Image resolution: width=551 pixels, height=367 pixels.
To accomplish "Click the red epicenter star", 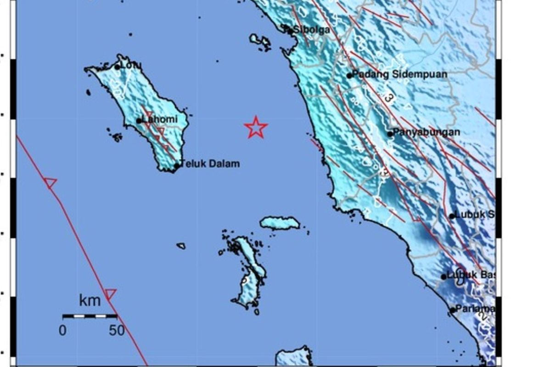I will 256,128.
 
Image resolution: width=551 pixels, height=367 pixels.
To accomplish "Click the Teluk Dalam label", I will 210,164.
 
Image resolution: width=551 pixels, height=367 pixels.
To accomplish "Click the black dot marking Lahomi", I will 139,121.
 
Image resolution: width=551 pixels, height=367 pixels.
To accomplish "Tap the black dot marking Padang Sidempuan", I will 349,76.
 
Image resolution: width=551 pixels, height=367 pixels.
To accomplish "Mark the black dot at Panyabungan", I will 390,134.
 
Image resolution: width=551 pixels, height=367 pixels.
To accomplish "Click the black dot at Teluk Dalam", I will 176,166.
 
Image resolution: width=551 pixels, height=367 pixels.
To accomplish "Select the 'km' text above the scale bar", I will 90,301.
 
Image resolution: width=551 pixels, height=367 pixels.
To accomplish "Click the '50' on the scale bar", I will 117,330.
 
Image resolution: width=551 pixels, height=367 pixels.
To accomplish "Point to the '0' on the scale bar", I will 62,330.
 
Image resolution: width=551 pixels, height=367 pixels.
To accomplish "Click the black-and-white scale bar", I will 90,316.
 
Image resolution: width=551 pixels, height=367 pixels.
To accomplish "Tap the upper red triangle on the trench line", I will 51,183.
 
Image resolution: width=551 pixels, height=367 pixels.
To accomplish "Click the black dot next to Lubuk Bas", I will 444,277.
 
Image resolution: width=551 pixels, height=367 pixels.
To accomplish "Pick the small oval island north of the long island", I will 280,223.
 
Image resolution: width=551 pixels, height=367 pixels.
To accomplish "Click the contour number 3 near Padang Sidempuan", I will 388,98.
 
